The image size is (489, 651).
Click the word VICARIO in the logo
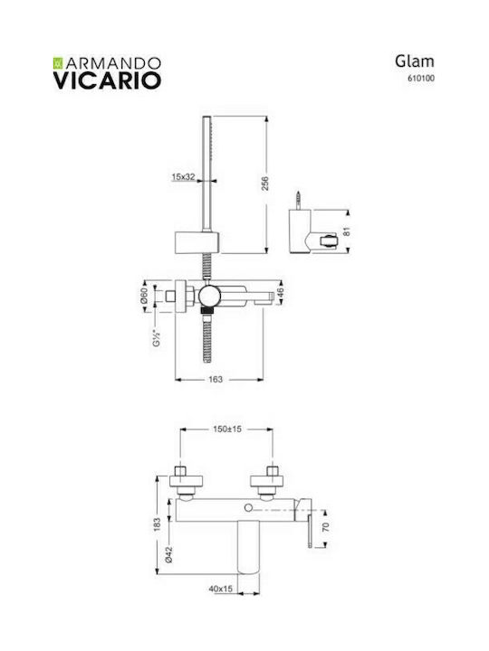click(x=107, y=80)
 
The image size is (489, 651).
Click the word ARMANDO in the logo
click(x=113, y=63)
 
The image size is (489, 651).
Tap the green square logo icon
click(x=58, y=63)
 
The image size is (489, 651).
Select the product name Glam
click(x=415, y=61)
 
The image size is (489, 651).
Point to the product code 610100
click(x=421, y=78)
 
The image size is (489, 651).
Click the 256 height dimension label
click(x=265, y=184)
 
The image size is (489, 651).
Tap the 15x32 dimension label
click(x=183, y=177)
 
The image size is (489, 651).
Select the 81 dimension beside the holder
click(x=347, y=231)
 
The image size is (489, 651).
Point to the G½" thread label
click(x=157, y=337)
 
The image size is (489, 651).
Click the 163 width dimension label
click(x=216, y=379)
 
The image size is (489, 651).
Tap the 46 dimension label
click(x=280, y=293)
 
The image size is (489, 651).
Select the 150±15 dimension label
click(x=227, y=429)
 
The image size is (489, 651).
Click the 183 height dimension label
click(x=157, y=524)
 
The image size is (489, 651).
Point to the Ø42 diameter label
click(x=168, y=554)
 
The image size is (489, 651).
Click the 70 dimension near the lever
click(x=326, y=527)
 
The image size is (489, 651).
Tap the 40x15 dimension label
click(x=220, y=589)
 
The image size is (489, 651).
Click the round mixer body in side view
click(x=209, y=297)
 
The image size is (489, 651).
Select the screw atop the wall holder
click(x=298, y=201)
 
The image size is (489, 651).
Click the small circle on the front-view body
click(x=249, y=508)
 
